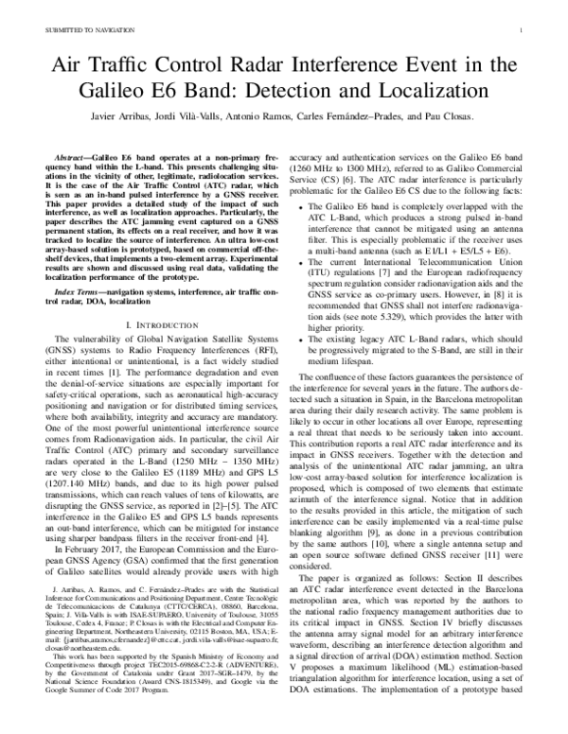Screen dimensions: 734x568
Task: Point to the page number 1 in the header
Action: pyautogui.click(x=522, y=31)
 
